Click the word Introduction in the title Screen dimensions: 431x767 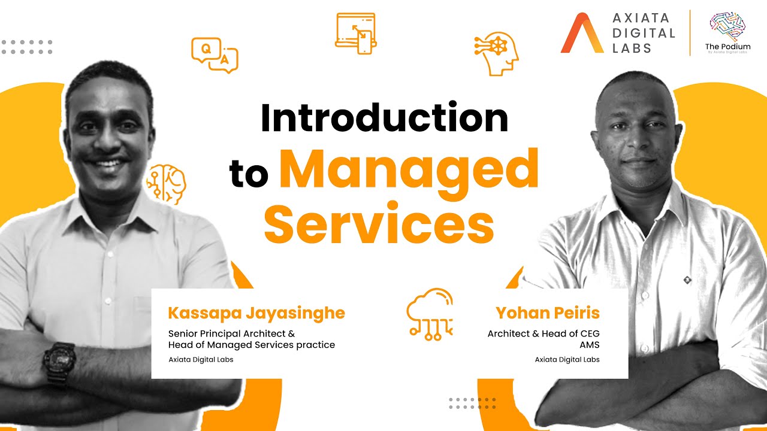pyautogui.click(x=384, y=118)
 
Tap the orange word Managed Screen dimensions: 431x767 pyautogui.click(x=409, y=171)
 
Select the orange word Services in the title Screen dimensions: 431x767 pyautogui.click(x=379, y=225)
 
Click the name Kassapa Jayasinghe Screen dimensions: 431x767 pyautogui.click(x=256, y=313)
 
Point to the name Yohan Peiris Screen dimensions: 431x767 pyautogui.click(x=548, y=313)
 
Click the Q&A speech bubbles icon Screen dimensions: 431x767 pyautogui.click(x=215, y=54)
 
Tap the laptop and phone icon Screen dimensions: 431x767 pyautogui.click(x=355, y=34)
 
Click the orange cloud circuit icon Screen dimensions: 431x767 pyautogui.click(x=430, y=314)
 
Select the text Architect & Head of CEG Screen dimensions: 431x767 pyautogui.click(x=543, y=333)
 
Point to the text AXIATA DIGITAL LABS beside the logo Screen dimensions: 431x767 pyautogui.click(x=643, y=34)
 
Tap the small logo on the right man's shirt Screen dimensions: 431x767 pyautogui.click(x=687, y=279)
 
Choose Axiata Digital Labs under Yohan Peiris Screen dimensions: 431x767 pyautogui.click(x=567, y=360)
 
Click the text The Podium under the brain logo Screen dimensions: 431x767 pyautogui.click(x=727, y=47)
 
